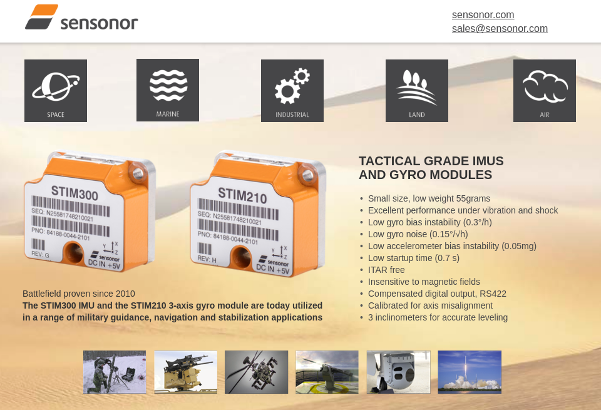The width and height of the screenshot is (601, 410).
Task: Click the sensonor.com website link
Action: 483,15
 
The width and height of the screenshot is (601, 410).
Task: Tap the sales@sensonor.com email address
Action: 500,29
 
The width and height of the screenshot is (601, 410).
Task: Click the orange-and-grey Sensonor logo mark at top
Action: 42,17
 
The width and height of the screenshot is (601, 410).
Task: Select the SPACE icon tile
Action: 56,91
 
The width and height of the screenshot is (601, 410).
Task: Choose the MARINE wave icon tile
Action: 168,90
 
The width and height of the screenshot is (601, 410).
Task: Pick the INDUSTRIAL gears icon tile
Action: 292,91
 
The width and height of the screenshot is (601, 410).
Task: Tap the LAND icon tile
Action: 417,91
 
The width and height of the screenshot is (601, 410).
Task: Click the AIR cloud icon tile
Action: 545,91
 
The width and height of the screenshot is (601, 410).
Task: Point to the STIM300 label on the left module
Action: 74,193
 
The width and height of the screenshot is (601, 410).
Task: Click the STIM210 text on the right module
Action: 242,196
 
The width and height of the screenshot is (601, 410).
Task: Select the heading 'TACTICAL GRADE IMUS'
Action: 431,161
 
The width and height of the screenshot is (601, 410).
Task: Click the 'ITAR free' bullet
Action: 386,270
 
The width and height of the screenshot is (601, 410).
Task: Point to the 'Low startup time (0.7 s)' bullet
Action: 413,258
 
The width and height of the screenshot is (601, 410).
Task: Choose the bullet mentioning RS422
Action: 437,294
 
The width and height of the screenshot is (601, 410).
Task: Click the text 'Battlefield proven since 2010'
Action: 79,294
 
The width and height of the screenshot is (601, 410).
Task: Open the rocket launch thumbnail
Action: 470,372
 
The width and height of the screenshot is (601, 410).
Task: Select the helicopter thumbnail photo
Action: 257,372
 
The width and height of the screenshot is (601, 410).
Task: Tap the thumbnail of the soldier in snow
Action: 115,372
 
